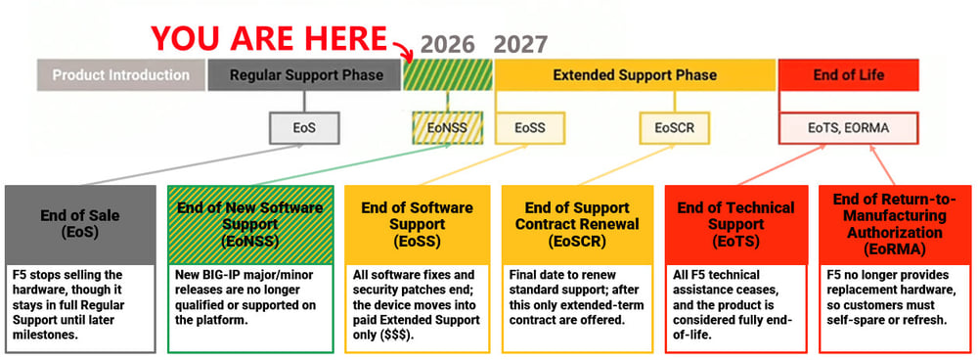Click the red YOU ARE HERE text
pos(269,39)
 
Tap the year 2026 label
pos(447,45)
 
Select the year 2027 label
pos(521,45)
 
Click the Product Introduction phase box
pos(121,75)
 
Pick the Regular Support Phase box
pos(304,75)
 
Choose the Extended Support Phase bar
pos(635,75)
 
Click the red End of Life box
pos(848,75)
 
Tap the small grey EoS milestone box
pos(304,128)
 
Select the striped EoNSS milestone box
pos(447,128)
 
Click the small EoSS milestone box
pos(529,128)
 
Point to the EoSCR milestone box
pos(674,128)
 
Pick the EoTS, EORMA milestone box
pos(848,128)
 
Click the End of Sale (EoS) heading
pos(80,224)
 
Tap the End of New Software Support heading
pos(250,224)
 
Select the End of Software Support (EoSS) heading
pos(418,224)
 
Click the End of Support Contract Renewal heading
pos(578,224)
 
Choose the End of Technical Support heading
pos(736,224)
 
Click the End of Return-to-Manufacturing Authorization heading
pos(895,224)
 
